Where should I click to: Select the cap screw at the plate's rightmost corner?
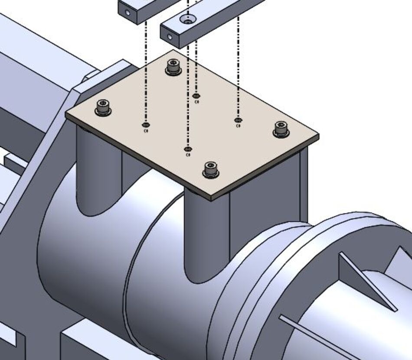tap(281, 129)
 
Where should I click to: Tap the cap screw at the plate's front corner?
tap(211, 169)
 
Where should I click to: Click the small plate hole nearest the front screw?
tap(187, 149)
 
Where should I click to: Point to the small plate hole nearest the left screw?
tap(145, 125)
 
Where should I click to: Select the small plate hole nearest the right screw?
tap(238, 120)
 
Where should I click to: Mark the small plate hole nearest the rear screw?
tap(196, 96)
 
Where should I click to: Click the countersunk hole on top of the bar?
tap(187, 19)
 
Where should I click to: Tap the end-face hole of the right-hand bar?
tap(170, 37)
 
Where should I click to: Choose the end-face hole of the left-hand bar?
tap(128, 13)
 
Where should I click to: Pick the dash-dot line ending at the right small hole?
tap(238, 69)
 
